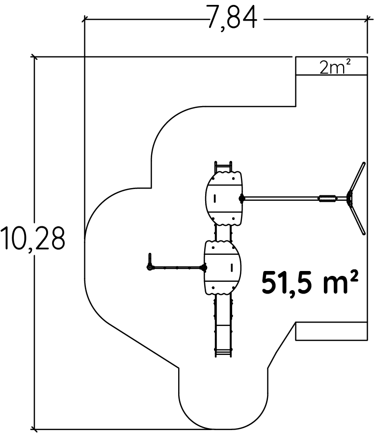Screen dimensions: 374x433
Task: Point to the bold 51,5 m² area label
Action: pos(310,283)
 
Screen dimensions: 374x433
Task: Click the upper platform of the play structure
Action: pos(223,198)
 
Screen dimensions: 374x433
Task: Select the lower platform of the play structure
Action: pos(223,267)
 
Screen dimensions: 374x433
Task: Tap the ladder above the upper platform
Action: pos(223,166)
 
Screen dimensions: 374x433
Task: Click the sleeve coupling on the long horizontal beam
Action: pos(328,198)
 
